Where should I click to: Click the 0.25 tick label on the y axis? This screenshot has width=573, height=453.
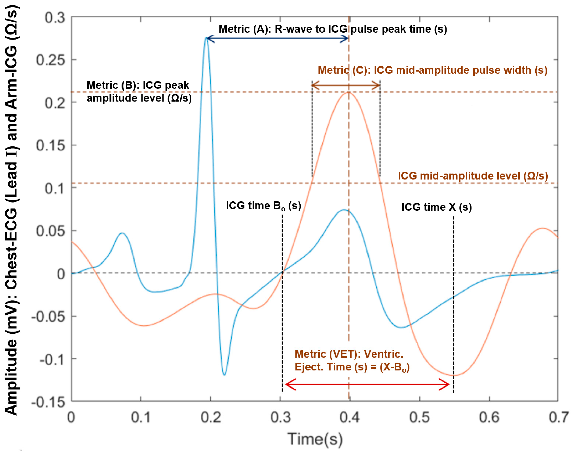[x=50, y=60]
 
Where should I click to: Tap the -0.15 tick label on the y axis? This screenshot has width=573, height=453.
[x=48, y=403]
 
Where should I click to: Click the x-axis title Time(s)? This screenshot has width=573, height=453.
[x=315, y=439]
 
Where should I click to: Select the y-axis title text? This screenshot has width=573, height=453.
[x=12, y=210]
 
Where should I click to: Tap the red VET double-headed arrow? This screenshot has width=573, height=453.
[x=367, y=384]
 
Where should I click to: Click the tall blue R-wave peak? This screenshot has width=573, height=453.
[x=206, y=39]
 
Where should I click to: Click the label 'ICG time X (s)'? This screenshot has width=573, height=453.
[x=437, y=207]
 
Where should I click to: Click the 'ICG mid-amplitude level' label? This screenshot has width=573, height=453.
[x=473, y=176]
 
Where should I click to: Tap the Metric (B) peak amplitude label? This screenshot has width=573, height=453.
[x=139, y=91]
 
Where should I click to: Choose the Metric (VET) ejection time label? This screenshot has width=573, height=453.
[x=352, y=360]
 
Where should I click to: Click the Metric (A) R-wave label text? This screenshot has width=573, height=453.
[x=332, y=29]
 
